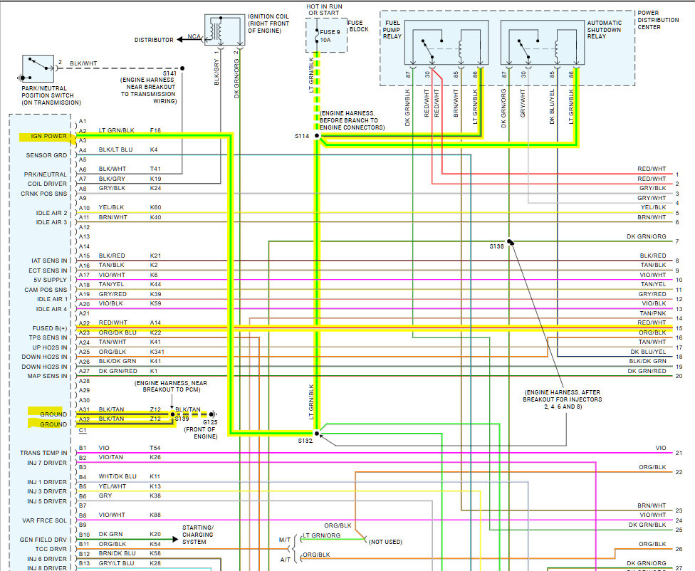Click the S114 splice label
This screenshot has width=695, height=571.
[303, 135]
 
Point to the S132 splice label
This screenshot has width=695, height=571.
[305, 441]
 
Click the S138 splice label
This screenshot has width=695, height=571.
[496, 246]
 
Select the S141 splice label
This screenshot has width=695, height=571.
[170, 73]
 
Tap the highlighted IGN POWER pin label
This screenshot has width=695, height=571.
[48, 136]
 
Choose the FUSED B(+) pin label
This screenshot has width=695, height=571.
[50, 328]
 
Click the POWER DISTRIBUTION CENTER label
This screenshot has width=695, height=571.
[658, 20]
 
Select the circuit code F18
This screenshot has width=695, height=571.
[155, 130]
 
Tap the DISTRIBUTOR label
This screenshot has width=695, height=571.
[154, 40]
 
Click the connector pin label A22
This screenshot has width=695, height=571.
[83, 323]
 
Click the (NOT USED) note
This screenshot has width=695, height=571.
[386, 542]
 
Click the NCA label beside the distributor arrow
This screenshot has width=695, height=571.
[194, 36]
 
